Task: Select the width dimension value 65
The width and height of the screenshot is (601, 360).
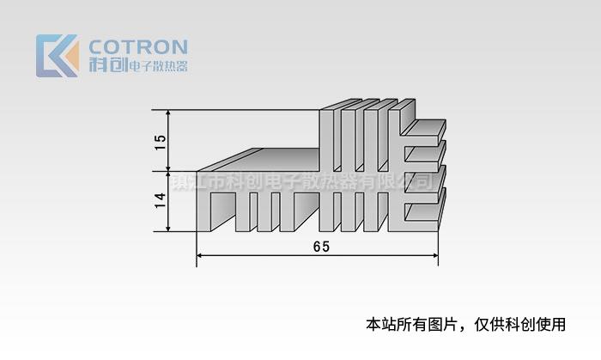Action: pyautogui.click(x=321, y=247)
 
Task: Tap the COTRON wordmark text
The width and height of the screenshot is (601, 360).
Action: pyautogui.click(x=138, y=46)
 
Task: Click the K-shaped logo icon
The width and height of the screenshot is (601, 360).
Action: pyautogui.click(x=57, y=56)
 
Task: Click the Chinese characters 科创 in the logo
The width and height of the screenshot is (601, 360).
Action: pyautogui.click(x=106, y=64)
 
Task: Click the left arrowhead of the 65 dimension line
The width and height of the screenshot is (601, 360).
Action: pyautogui.click(x=201, y=255)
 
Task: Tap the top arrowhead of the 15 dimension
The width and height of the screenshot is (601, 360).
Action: pyautogui.click(x=169, y=113)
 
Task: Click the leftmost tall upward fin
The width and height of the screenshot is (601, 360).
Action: pyautogui.click(x=325, y=137)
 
